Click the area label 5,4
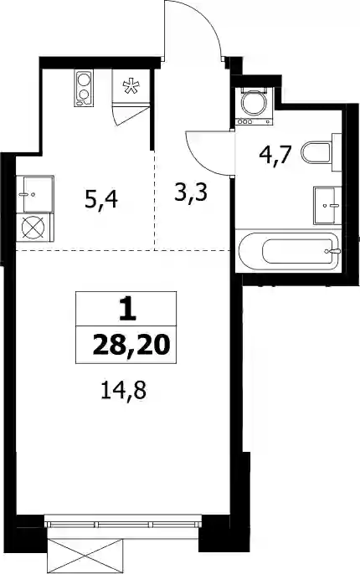click(x=101, y=201)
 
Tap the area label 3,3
click(x=191, y=192)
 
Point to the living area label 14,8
click(x=123, y=391)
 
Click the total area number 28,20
click(x=131, y=345)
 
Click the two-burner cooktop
click(x=84, y=88)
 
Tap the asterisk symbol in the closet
click(x=131, y=86)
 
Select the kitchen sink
click(x=34, y=194)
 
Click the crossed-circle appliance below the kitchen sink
click(x=33, y=228)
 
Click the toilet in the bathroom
click(x=317, y=152)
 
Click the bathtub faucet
click(x=334, y=251)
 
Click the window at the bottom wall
click(x=123, y=520)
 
